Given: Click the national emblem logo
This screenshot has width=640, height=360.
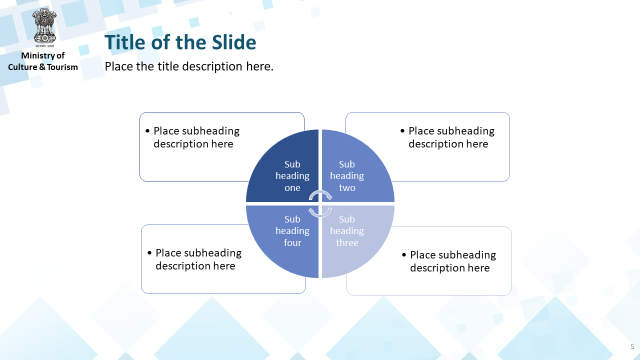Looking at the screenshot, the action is coord(44,27).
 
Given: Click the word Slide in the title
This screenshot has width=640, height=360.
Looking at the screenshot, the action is coord(234,42).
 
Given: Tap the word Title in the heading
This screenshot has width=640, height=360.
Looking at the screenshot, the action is coord(125,42).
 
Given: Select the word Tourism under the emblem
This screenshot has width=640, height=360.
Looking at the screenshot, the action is coord(62,67).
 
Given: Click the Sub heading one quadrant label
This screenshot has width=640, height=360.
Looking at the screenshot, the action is coord(292,176).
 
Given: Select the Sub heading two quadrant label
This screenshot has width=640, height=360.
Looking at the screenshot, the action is coord(347,176).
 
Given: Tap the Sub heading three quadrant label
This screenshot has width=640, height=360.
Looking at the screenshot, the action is coord(347,231).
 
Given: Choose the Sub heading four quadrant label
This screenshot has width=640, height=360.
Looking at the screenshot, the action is coord(292,231).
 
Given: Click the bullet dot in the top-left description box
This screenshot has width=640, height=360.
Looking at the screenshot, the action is coord(147,131).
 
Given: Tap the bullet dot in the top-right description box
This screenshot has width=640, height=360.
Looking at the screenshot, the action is coord(402,131).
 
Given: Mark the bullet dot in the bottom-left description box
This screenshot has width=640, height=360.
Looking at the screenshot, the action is coord(149,253).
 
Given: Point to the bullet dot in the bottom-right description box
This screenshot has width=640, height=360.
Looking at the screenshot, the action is coord(404,255).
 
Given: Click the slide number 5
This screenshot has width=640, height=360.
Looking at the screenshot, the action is coord(632,346).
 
